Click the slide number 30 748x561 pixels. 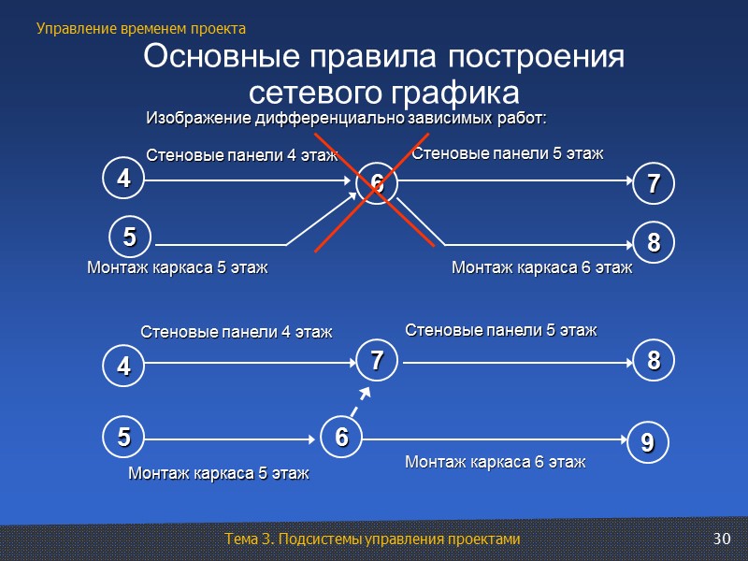720,539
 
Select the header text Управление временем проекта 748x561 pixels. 140,28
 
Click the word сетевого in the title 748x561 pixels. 309,93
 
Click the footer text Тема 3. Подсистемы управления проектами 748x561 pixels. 372,539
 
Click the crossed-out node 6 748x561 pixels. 375,184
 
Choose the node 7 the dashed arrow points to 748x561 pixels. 376,359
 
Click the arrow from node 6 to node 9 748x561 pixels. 496,438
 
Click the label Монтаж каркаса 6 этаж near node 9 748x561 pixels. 495,462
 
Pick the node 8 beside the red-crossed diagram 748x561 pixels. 654,242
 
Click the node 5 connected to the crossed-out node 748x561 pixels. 129,237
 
